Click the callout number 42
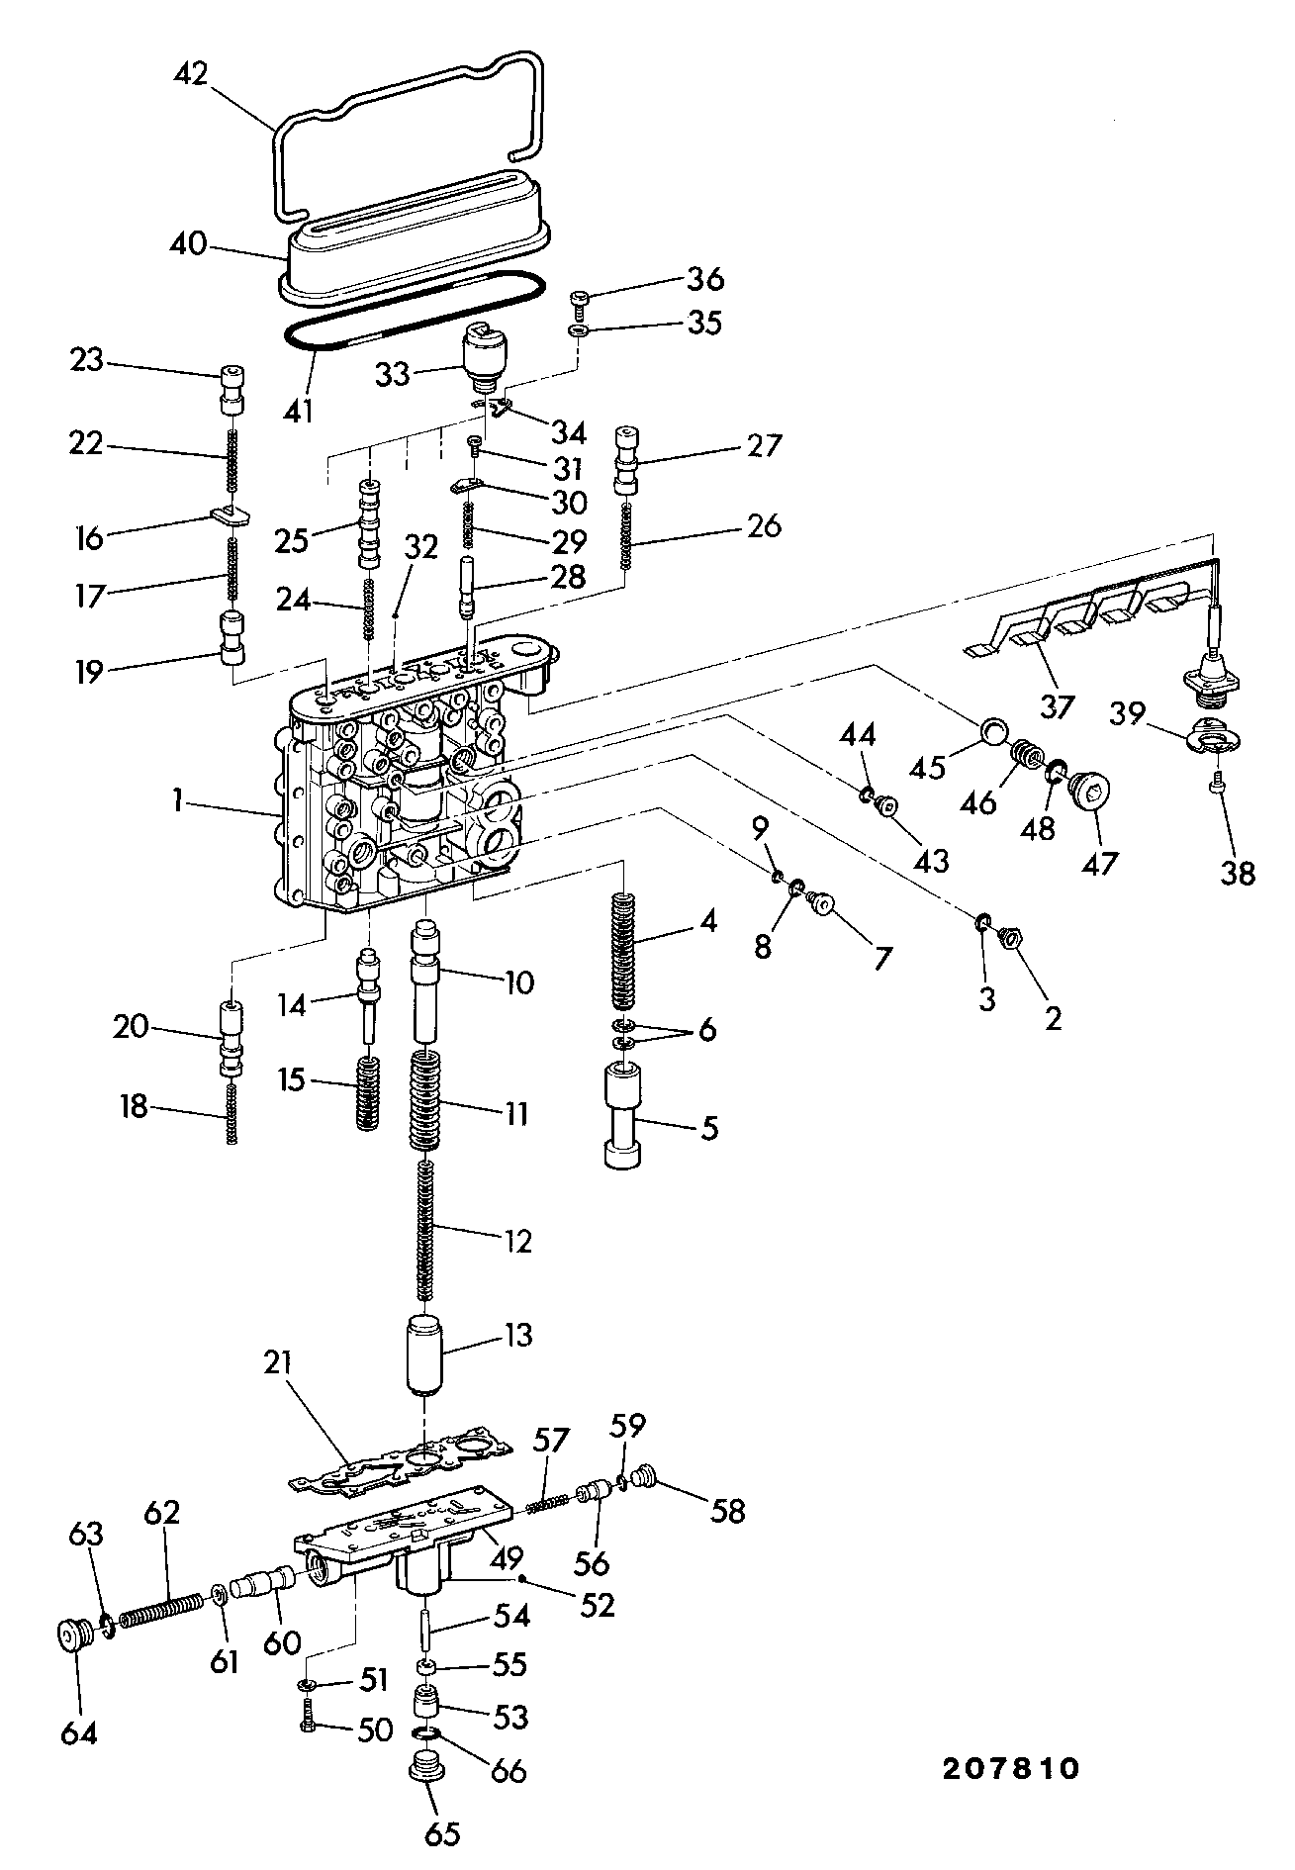tap(191, 74)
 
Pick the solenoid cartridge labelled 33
tap(484, 359)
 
